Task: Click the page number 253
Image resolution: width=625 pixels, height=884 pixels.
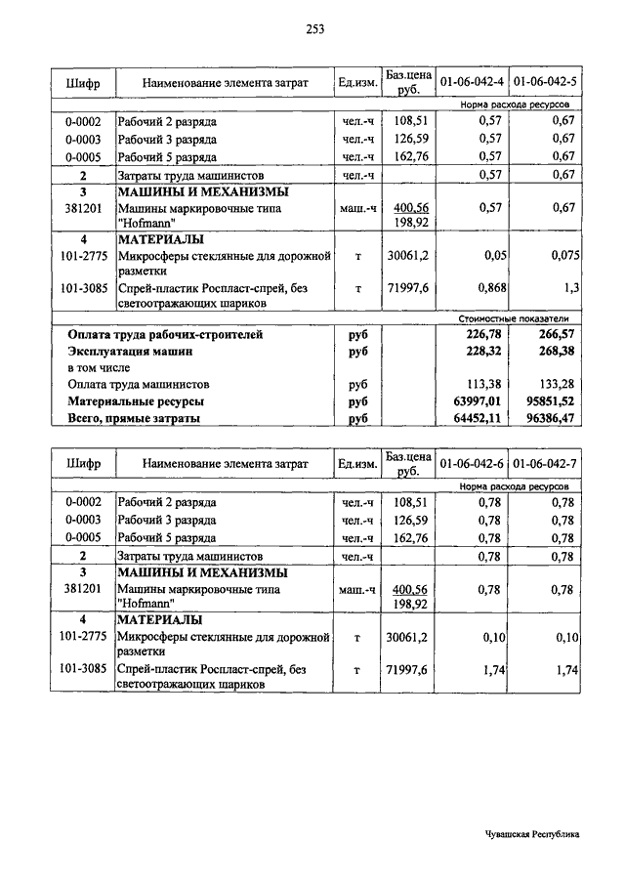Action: pyautogui.click(x=313, y=30)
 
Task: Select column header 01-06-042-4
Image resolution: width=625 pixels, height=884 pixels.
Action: pyautogui.click(x=472, y=82)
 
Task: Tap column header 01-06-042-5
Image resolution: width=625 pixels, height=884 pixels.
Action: pyautogui.click(x=545, y=82)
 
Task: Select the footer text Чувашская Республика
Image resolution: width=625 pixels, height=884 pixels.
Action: pyautogui.click(x=531, y=834)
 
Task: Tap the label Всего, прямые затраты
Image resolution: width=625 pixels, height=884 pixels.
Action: pyautogui.click(x=134, y=417)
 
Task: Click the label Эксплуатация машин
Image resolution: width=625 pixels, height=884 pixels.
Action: pyautogui.click(x=130, y=351)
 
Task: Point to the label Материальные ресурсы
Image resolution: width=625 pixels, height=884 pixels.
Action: pyautogui.click(x=136, y=400)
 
